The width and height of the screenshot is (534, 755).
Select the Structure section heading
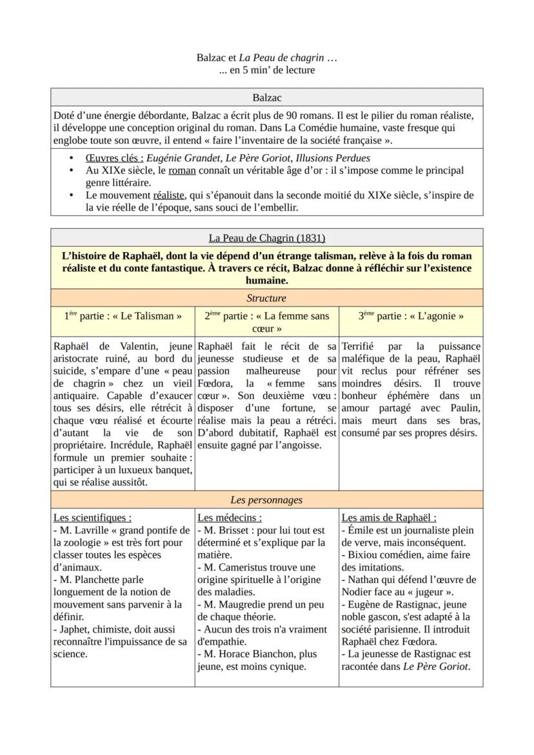[x=266, y=299]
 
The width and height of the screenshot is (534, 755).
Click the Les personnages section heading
[x=266, y=500]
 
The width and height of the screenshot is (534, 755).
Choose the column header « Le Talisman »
[x=123, y=316]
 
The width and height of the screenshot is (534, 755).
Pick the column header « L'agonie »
[x=411, y=316]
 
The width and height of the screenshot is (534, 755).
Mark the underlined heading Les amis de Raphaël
[x=389, y=518]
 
